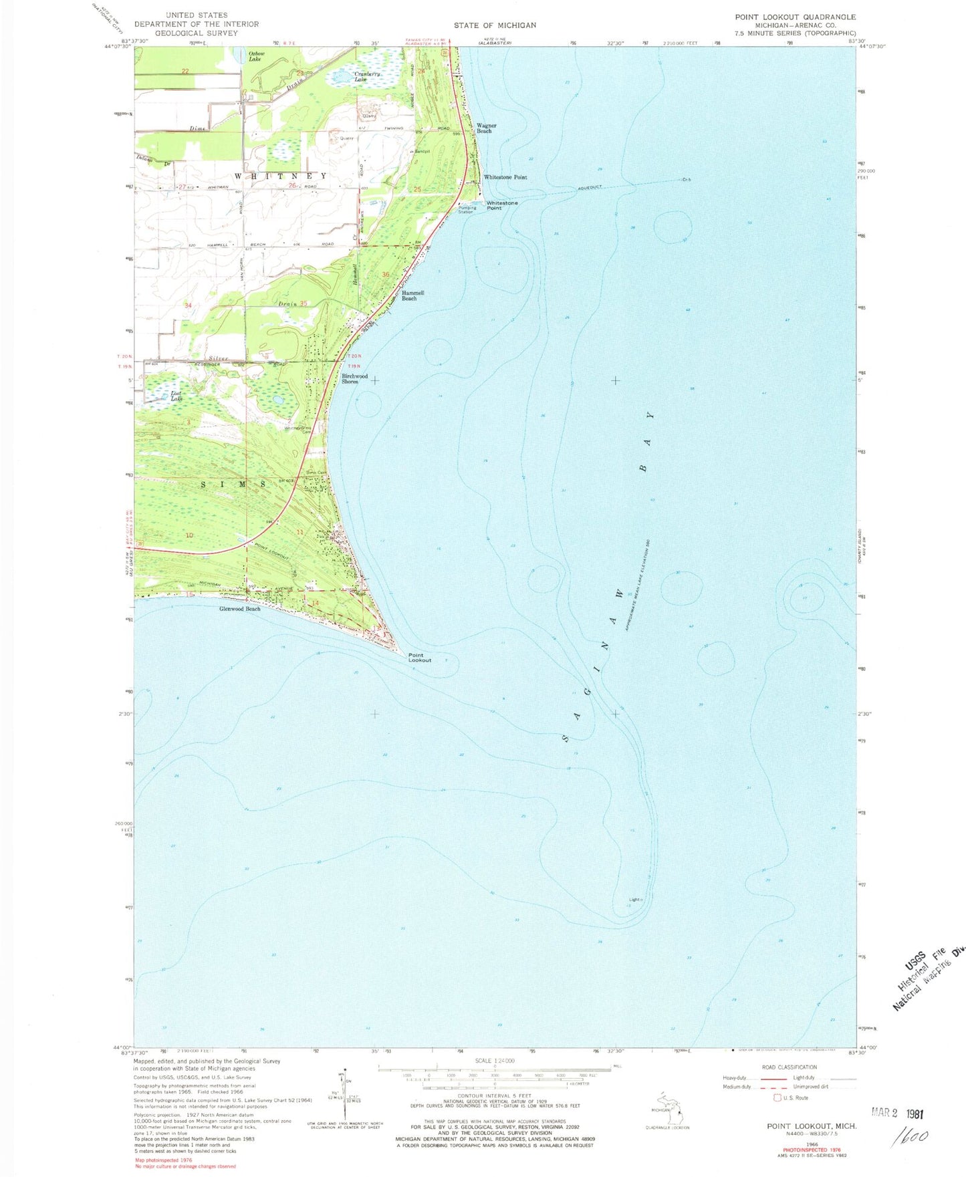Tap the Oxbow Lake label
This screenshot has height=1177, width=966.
(256, 56)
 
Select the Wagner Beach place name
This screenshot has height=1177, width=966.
(486, 128)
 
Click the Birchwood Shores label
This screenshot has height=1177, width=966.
(354, 378)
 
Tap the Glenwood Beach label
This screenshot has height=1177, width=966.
(239, 609)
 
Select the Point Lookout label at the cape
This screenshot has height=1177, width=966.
(420, 658)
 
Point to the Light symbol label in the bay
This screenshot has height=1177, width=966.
(634, 900)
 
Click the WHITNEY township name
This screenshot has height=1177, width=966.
(281, 176)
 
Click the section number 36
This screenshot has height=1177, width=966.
(386, 275)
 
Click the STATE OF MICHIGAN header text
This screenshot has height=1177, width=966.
(495, 25)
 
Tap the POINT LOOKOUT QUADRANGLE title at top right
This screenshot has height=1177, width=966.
(795, 17)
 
